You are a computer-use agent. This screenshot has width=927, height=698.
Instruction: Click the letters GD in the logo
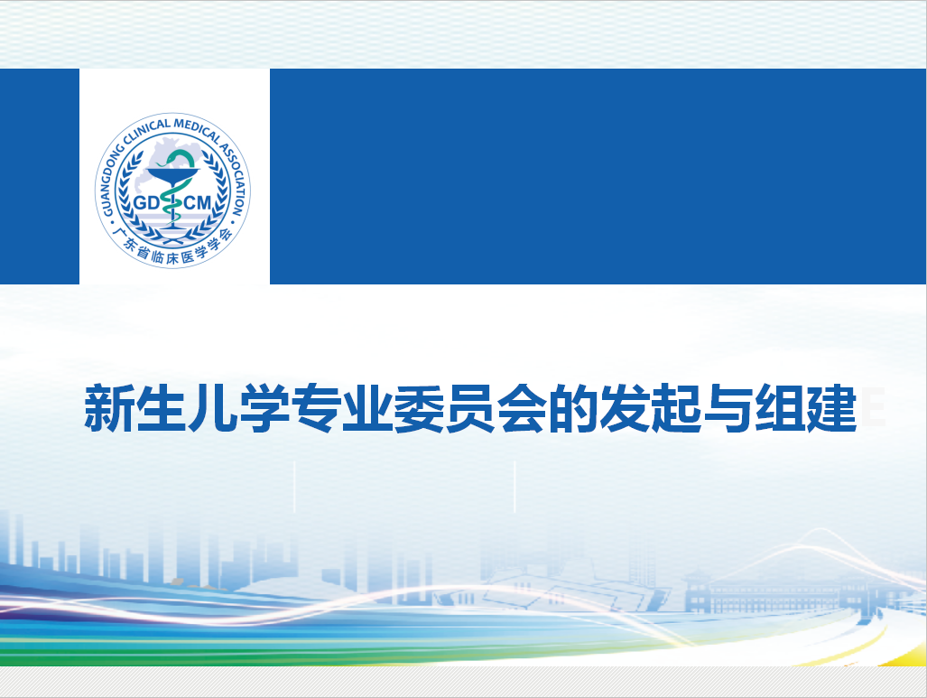click(x=146, y=203)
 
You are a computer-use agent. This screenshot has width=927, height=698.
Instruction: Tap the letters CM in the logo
click(x=198, y=203)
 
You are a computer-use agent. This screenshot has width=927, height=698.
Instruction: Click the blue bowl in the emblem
click(x=172, y=176)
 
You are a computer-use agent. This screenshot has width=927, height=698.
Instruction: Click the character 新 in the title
click(x=109, y=408)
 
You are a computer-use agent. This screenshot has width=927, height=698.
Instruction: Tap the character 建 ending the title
click(x=831, y=408)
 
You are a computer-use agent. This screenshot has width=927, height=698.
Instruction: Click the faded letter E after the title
click(x=873, y=407)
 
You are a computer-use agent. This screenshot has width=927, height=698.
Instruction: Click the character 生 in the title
click(x=161, y=408)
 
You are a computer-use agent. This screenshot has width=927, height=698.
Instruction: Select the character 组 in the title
click(x=780, y=408)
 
